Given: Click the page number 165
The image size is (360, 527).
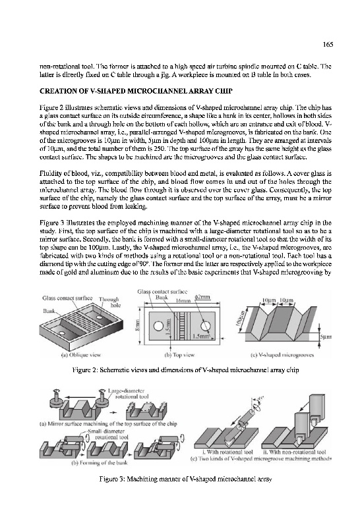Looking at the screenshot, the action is coord(328,44).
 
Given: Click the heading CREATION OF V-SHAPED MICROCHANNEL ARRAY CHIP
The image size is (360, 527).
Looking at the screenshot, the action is coord(136,91).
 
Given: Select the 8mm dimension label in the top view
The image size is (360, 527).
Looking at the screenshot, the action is coord(137,325).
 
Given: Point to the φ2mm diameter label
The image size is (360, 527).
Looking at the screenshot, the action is coord(202,297).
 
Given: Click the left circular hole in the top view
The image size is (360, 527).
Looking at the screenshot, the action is coord(158,326).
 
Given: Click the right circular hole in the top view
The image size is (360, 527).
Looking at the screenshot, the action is coord(206,325).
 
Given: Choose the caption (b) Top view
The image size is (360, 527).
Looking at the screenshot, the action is coord(179,354).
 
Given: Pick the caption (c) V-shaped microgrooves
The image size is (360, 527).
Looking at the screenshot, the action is coord(282,354).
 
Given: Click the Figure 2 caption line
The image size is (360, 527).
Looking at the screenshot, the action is coord(186,370).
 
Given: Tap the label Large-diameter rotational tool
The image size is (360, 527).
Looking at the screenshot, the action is coord(127,393).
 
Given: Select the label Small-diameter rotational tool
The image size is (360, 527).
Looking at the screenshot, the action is coord(107,434).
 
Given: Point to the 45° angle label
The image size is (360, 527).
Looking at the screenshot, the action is coord(260,399).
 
